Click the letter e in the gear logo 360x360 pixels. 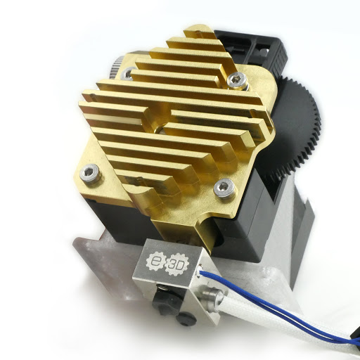pos(155,261)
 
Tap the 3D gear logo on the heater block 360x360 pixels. pos(177,265)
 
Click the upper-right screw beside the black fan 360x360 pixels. pos(237,80)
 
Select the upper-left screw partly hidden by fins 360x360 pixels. pos(127,73)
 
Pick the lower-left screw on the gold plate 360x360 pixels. pos(91,173)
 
